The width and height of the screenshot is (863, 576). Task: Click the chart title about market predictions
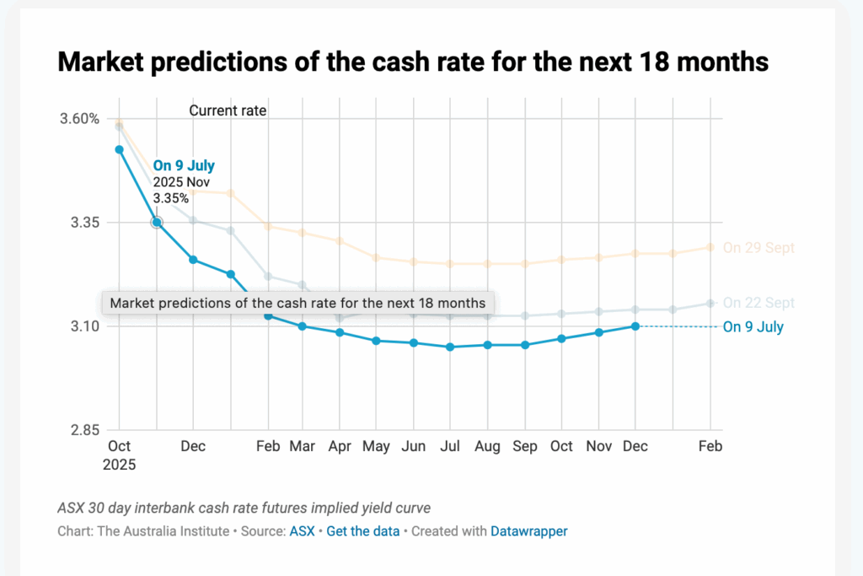[412, 62]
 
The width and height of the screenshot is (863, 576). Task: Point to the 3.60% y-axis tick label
[80, 118]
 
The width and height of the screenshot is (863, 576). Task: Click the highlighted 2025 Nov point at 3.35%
[157, 223]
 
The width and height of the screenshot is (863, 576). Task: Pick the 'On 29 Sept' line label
[758, 248]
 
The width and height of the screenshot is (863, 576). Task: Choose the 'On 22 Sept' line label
[758, 303]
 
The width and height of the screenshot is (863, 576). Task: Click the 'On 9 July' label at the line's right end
[753, 327]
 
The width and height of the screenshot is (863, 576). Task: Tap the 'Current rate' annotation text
[228, 110]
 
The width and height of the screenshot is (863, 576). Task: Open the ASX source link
[301, 531]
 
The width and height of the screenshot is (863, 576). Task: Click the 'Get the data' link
[363, 531]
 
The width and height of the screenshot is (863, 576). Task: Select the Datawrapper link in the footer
[529, 531]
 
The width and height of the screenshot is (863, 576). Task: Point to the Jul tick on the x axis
[450, 446]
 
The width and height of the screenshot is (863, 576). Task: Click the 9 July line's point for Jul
[450, 347]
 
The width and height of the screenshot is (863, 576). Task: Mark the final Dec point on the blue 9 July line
[635, 326]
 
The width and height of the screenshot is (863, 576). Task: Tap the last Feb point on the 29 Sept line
[710, 247]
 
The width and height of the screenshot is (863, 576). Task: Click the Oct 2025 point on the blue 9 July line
[119, 150]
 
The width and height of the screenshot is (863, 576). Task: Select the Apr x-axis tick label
[340, 446]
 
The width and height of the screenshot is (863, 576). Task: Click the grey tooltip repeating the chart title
[298, 303]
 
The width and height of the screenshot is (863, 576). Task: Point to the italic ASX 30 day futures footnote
[244, 508]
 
